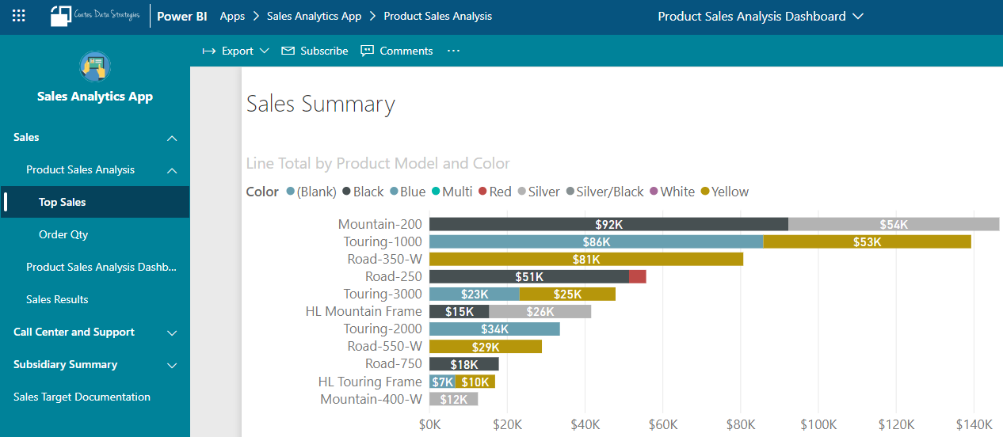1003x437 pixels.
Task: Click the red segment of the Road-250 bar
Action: click(x=638, y=276)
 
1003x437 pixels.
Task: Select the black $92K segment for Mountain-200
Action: click(x=608, y=224)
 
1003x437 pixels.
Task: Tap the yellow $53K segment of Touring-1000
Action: click(x=867, y=241)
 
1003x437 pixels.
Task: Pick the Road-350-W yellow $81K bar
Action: click(x=586, y=259)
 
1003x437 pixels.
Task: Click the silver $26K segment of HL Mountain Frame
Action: click(x=540, y=311)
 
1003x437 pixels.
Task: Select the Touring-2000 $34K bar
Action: click(x=494, y=329)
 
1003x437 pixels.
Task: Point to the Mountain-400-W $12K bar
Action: click(x=453, y=399)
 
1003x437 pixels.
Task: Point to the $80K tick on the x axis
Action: click(x=740, y=424)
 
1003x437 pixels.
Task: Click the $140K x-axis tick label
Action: click(x=973, y=424)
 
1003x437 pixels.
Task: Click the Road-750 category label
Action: click(x=393, y=363)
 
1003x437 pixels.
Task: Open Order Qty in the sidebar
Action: click(x=63, y=234)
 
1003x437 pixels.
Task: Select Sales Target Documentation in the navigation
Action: click(x=82, y=397)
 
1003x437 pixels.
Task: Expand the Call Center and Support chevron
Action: click(x=172, y=332)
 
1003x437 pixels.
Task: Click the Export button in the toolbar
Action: click(x=236, y=51)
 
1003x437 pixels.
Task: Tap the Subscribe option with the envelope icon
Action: click(x=315, y=51)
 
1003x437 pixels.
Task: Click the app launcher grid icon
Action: click(x=19, y=16)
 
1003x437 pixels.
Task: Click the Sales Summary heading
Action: click(x=320, y=104)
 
